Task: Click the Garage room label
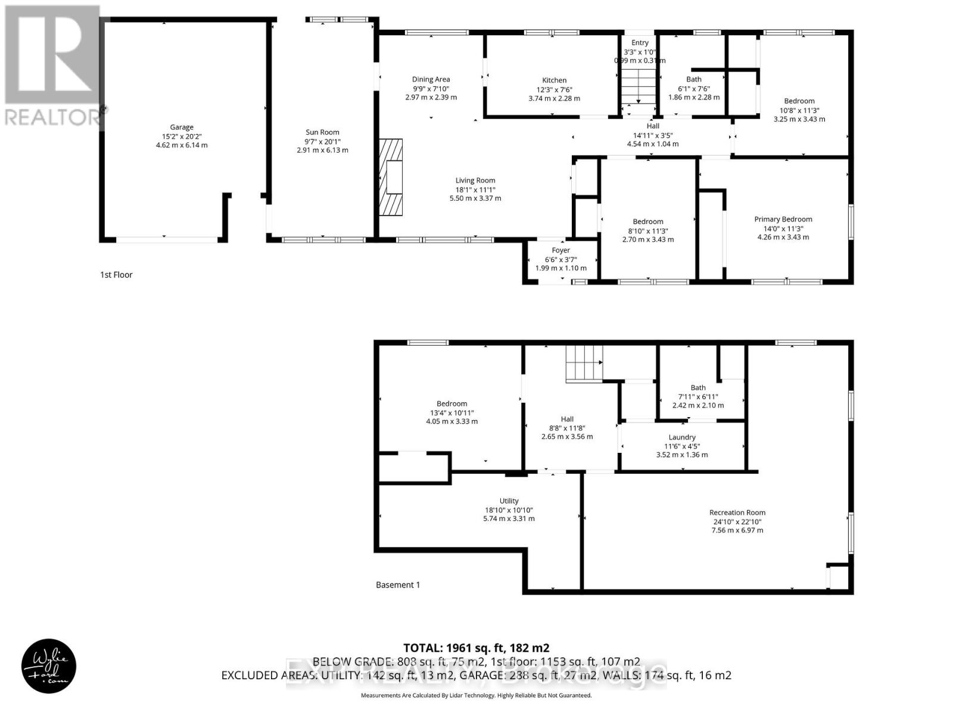[x=182, y=127]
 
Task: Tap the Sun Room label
[x=322, y=132]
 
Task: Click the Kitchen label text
[x=554, y=80]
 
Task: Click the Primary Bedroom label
[x=783, y=219]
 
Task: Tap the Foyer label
[x=560, y=250]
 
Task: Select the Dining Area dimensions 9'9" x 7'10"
[x=431, y=88]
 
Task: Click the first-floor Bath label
[x=693, y=79]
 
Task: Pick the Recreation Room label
[x=737, y=512]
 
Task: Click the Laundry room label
[x=681, y=437]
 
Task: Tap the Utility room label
[x=509, y=501]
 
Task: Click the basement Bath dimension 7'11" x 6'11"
[x=697, y=397]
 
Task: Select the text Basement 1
[x=398, y=585]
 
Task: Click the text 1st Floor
[x=116, y=275]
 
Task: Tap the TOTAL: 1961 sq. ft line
[x=476, y=648]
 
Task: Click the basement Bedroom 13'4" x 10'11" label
[x=451, y=404]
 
